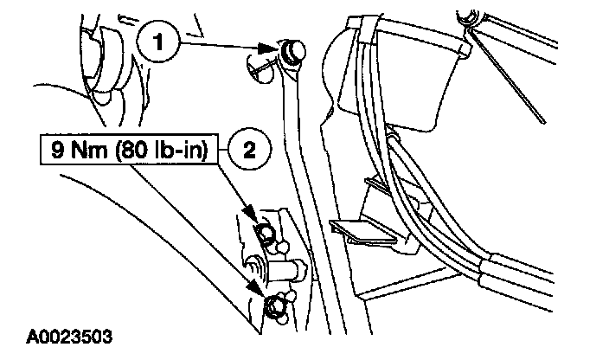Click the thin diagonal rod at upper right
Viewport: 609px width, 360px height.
(x=510, y=78)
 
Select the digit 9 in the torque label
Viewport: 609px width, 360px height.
(x=56, y=151)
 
